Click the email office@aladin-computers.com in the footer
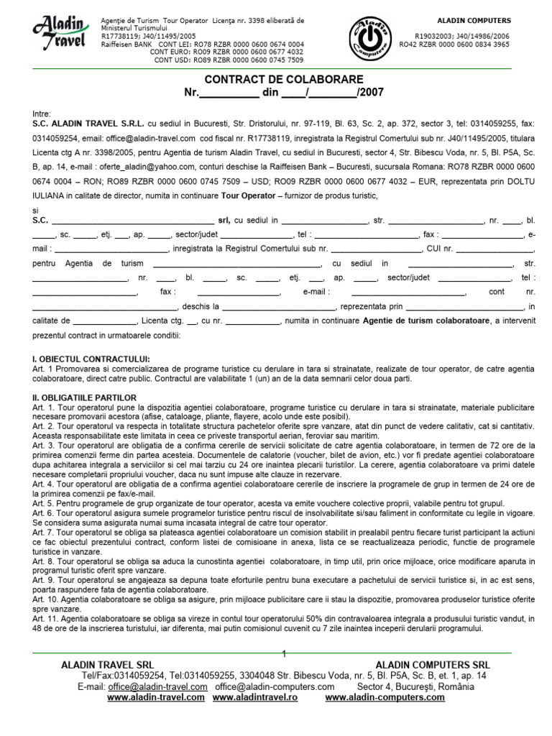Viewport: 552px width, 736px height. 264,686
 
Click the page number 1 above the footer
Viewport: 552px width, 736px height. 285,653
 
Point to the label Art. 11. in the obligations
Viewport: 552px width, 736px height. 47,618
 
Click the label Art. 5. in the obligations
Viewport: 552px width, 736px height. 45,503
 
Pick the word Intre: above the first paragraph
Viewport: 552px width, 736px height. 42,114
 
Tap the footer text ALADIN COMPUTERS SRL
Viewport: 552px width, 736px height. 433,665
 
